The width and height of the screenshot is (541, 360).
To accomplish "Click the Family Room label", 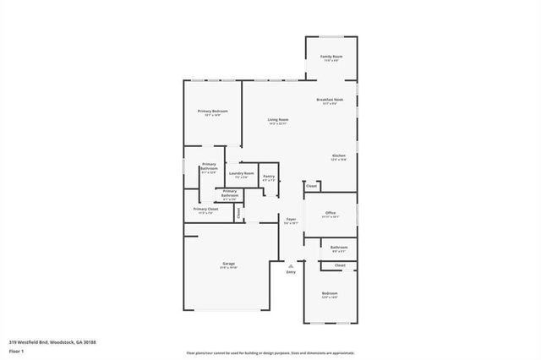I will [331, 57].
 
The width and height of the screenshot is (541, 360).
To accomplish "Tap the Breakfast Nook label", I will [330, 99].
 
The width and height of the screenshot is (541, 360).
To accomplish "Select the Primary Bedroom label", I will [212, 112].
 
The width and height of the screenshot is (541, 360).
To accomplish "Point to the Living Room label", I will [278, 120].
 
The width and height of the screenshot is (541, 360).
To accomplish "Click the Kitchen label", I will [338, 155].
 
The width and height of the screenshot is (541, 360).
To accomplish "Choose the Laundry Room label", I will [241, 173].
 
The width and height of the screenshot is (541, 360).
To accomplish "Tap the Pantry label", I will [269, 177].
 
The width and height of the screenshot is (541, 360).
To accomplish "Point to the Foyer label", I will [290, 219].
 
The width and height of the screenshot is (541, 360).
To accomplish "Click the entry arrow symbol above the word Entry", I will [291, 265].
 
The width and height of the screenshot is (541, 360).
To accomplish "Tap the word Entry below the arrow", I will [291, 272].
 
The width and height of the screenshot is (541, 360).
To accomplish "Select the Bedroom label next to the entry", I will [330, 293].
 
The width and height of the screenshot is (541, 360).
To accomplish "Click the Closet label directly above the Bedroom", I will [339, 265].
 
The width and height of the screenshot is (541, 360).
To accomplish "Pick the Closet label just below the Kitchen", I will [311, 186].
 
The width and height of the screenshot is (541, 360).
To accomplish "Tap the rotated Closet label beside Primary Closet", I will [238, 213].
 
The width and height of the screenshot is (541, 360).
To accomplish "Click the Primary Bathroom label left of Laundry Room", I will [209, 167].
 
